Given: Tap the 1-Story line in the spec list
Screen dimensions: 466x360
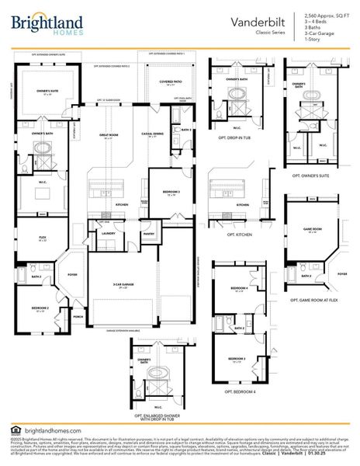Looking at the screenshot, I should pos(313,40).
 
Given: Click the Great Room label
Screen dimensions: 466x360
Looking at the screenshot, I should pos(109,135).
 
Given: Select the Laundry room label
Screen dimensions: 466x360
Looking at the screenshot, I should pos(108,232).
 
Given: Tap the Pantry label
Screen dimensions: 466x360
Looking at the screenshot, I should pos(148,232).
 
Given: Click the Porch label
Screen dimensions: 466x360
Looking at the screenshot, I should pos(78,316).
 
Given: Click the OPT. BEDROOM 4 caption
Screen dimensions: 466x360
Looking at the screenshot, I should pos(241,391).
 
